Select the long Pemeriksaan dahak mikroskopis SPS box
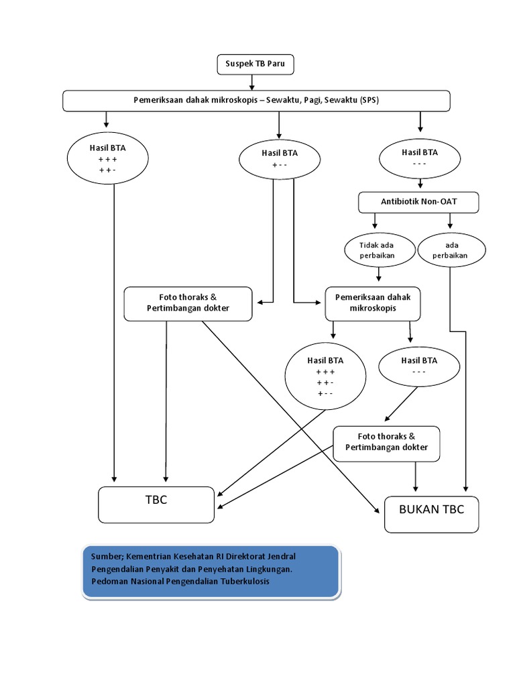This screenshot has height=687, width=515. (256, 101)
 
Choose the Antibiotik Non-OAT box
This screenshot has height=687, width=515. (419, 201)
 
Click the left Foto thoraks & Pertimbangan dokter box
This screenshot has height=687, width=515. (188, 303)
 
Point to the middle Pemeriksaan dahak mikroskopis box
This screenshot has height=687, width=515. (373, 304)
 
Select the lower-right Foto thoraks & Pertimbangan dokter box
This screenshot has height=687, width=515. (386, 443)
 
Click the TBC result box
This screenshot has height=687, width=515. (156, 505)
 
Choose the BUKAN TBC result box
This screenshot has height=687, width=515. (431, 514)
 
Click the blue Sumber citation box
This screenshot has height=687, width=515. (210, 570)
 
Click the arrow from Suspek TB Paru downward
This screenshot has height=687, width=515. (253, 82)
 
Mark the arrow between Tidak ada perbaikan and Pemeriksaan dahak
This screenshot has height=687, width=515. (380, 274)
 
